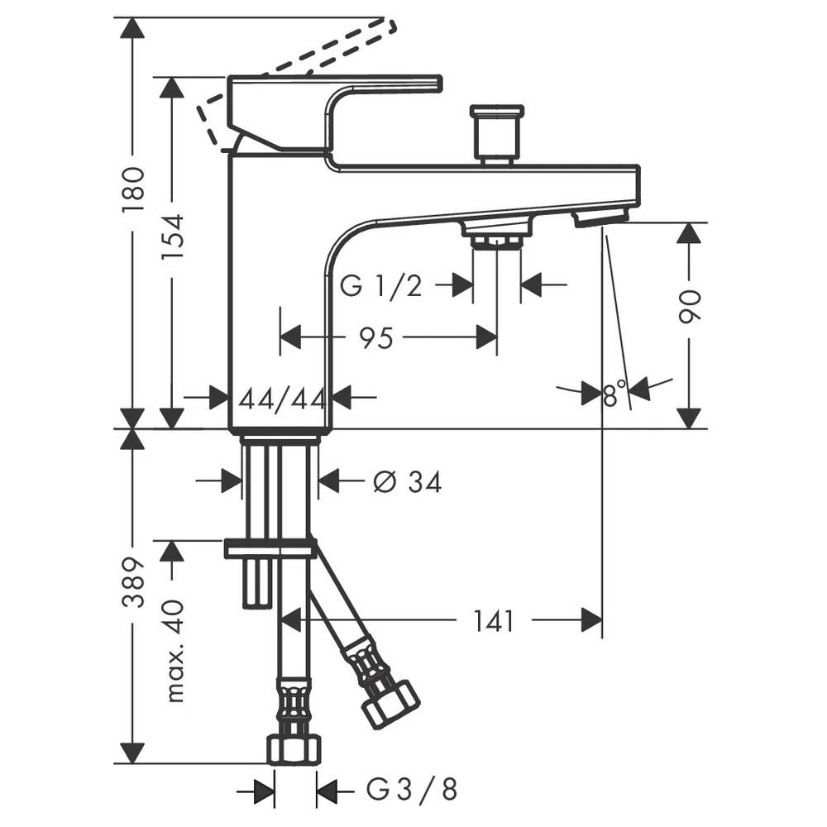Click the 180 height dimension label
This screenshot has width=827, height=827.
(133, 189)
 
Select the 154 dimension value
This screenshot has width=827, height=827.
(173, 237)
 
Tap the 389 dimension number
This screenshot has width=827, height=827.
(133, 581)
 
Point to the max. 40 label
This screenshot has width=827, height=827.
(174, 651)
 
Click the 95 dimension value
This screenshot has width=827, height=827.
(376, 338)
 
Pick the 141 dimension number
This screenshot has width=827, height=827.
(493, 621)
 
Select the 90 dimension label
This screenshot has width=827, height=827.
(690, 306)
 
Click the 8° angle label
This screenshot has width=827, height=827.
(614, 394)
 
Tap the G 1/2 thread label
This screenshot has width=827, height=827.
(380, 286)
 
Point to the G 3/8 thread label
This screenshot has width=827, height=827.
(411, 790)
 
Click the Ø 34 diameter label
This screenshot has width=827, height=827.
(407, 481)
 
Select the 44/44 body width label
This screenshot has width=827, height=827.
(281, 399)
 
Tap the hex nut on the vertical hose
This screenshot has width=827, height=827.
(294, 749)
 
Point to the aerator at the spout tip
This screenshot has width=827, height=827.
(600, 217)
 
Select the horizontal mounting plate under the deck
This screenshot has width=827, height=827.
(270, 548)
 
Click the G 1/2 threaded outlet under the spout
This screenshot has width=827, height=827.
(497, 235)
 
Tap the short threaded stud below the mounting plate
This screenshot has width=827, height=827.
(257, 583)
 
